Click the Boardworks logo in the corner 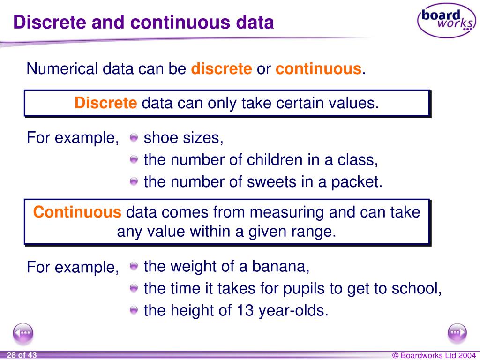tap(446, 20)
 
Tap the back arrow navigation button tap(23, 333)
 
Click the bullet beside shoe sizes tap(134, 138)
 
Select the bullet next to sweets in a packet tap(134, 181)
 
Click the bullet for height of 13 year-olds tap(134, 310)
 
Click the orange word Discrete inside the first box tap(105, 103)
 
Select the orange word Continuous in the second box tap(77, 212)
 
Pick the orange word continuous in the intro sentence tap(318, 69)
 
